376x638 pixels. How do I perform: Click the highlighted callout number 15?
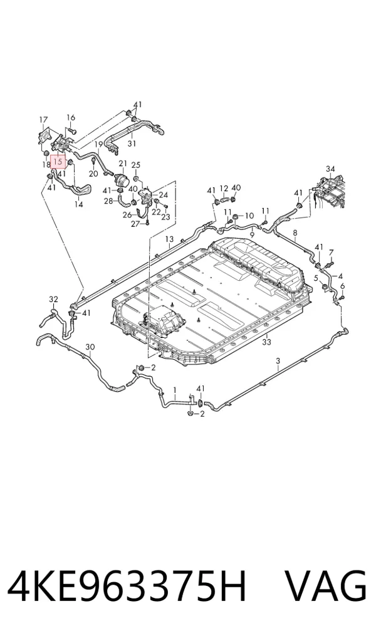tap(58, 162)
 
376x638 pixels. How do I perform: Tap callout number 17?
tap(43, 120)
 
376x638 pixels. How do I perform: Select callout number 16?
tap(71, 118)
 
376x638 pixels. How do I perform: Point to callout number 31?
tap(132, 144)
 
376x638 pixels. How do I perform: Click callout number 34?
tap(330, 169)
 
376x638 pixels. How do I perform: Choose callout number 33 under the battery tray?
tap(266, 342)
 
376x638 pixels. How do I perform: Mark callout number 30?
tap(90, 347)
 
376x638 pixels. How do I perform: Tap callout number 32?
tap(54, 300)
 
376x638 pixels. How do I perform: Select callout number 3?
tap(278, 361)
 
